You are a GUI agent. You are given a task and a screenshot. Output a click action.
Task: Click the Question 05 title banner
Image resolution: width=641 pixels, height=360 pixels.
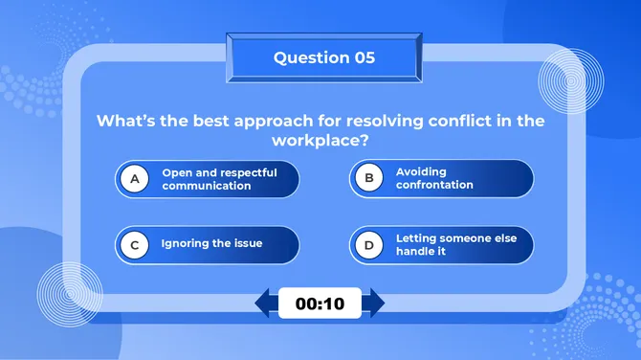point(323,57)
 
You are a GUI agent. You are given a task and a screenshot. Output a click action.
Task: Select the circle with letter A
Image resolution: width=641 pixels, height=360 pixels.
point(135,179)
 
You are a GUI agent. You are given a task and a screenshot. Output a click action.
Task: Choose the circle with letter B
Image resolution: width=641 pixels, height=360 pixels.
point(368,178)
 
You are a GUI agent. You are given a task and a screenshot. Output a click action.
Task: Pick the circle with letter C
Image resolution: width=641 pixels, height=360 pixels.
point(135,245)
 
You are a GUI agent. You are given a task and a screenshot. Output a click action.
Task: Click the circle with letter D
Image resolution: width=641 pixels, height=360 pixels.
point(368,244)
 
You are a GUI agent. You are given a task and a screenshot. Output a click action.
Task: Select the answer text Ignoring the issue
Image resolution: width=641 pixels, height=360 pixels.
point(211,244)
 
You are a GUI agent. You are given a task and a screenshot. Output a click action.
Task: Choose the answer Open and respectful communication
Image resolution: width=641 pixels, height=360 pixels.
point(219,179)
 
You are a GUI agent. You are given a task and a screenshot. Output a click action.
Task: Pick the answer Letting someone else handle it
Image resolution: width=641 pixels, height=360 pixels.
point(441,244)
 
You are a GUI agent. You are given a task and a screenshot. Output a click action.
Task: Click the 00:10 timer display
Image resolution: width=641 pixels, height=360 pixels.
point(320,304)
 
